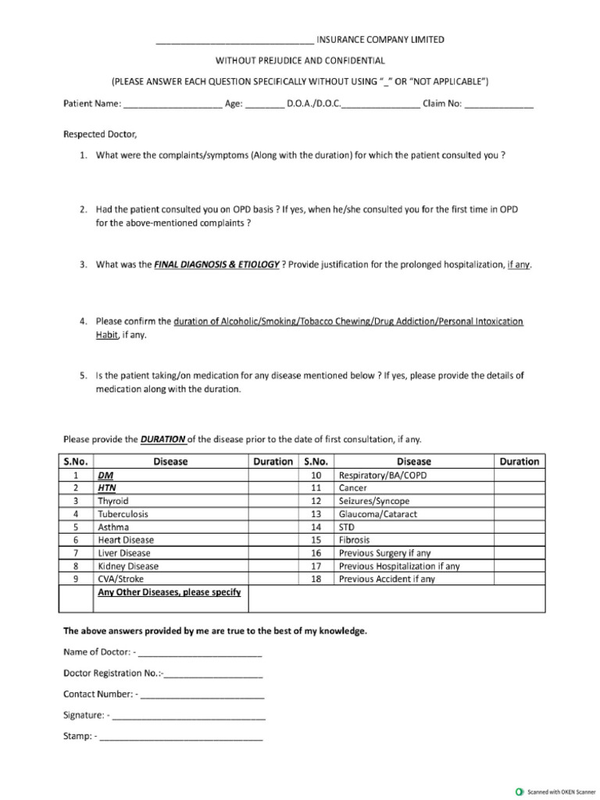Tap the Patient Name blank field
pos(173,105)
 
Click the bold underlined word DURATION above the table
pos(162,439)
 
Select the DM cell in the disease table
pos(105,475)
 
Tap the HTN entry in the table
pos(106,488)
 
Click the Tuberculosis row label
pos(123,514)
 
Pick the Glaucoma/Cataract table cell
pos(378,514)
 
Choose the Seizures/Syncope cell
pos(374,501)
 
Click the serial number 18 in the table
pos(316,579)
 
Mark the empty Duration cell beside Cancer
pos(520,488)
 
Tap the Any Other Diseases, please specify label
pos(169,592)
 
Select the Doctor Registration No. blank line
pos(213,673)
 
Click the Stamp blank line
pos(181,737)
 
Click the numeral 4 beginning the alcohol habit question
pos(83,321)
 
